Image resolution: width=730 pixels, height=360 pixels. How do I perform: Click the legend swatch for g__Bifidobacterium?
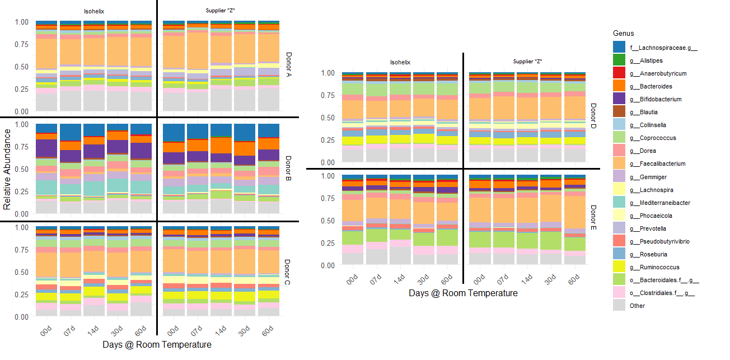point(619,99)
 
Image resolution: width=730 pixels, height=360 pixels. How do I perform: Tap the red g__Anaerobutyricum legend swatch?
point(619,73)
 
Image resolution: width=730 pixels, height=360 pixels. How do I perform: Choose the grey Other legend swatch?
point(619,306)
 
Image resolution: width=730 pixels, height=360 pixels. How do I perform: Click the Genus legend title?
point(623,34)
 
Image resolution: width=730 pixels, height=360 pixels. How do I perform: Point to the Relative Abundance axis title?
point(7,169)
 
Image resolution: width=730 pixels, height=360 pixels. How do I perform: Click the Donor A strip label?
point(289,66)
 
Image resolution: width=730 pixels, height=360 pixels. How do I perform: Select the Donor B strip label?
point(289,169)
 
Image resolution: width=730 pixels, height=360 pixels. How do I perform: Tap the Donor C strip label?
point(289,272)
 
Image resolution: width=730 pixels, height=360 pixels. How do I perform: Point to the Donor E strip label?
point(593,219)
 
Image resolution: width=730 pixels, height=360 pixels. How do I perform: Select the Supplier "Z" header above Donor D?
point(527,61)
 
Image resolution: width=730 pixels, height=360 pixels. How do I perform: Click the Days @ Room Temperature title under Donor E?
point(463,293)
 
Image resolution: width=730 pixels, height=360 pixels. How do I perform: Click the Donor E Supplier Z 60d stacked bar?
point(575,219)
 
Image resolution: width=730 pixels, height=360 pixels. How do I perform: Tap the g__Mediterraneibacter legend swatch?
point(619,203)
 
